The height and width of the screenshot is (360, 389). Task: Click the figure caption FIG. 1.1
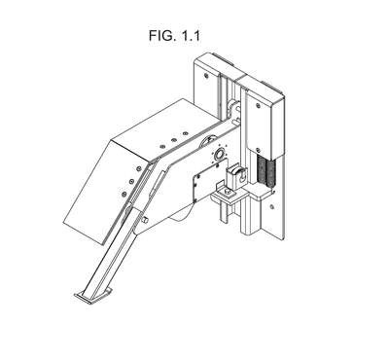tap(174, 35)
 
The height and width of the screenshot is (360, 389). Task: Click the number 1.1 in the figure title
tap(191, 35)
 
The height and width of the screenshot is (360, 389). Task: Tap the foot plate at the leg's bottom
tap(92, 296)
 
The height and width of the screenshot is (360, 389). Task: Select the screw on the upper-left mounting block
tap(206, 76)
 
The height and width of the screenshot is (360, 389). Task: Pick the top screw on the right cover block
tap(258, 105)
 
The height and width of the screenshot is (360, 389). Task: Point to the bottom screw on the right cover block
tap(258, 150)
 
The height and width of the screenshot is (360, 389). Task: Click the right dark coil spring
tap(270, 172)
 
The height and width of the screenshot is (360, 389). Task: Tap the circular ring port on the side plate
tap(219, 154)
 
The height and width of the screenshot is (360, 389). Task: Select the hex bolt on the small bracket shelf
tap(229, 194)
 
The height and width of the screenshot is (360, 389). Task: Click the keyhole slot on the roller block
tap(241, 177)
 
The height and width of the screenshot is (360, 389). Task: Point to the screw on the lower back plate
tap(272, 206)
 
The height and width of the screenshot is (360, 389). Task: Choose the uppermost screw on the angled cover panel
tap(139, 168)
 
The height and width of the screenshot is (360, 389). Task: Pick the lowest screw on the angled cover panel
tap(124, 194)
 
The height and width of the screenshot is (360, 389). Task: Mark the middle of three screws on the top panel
tap(174, 139)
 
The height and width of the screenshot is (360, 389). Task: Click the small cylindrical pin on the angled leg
tap(145, 220)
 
